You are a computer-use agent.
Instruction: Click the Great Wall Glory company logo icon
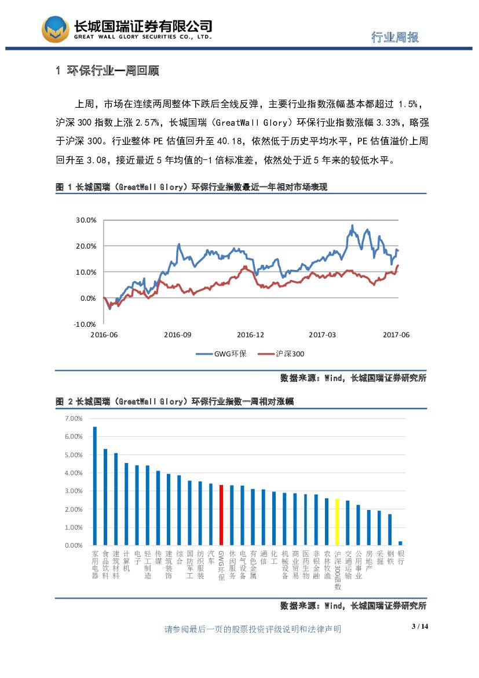[54, 28]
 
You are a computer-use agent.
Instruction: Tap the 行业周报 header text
[395, 37]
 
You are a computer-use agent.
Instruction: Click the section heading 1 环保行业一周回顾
[107, 71]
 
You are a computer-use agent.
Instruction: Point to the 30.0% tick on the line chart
[86, 220]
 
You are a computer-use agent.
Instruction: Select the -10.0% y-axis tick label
[85, 324]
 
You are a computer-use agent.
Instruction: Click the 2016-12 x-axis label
[250, 335]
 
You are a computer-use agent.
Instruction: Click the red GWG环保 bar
[221, 515]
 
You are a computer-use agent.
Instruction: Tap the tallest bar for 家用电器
[95, 486]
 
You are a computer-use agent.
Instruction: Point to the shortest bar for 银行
[400, 543]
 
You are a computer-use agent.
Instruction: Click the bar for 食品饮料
[105, 497]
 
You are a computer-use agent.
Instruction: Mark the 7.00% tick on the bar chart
[74, 418]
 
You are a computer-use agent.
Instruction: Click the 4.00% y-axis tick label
[74, 473]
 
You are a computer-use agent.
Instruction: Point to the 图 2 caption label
[62, 401]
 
